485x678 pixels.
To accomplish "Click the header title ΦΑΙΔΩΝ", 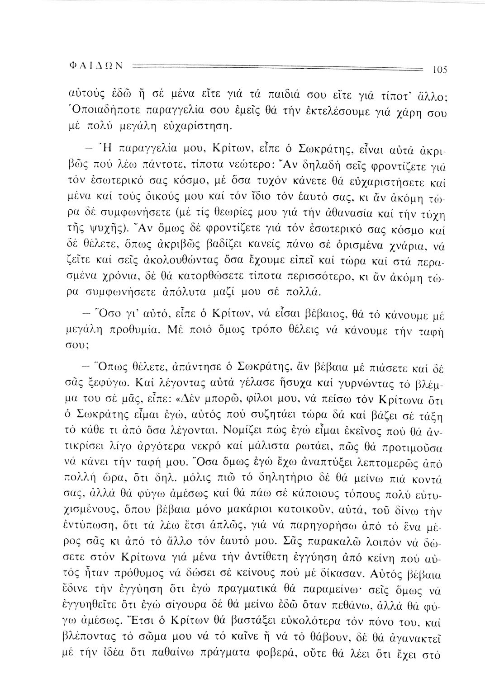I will pos(102,66).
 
